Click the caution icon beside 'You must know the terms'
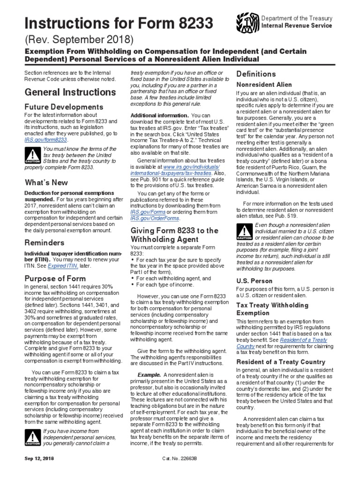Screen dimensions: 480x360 tap(32, 156)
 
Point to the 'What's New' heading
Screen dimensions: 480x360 tap(46, 182)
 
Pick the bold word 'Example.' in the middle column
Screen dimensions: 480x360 tap(149, 375)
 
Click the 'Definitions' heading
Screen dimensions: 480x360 tap(256, 74)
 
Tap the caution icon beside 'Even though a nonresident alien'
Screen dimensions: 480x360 tap(244, 232)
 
